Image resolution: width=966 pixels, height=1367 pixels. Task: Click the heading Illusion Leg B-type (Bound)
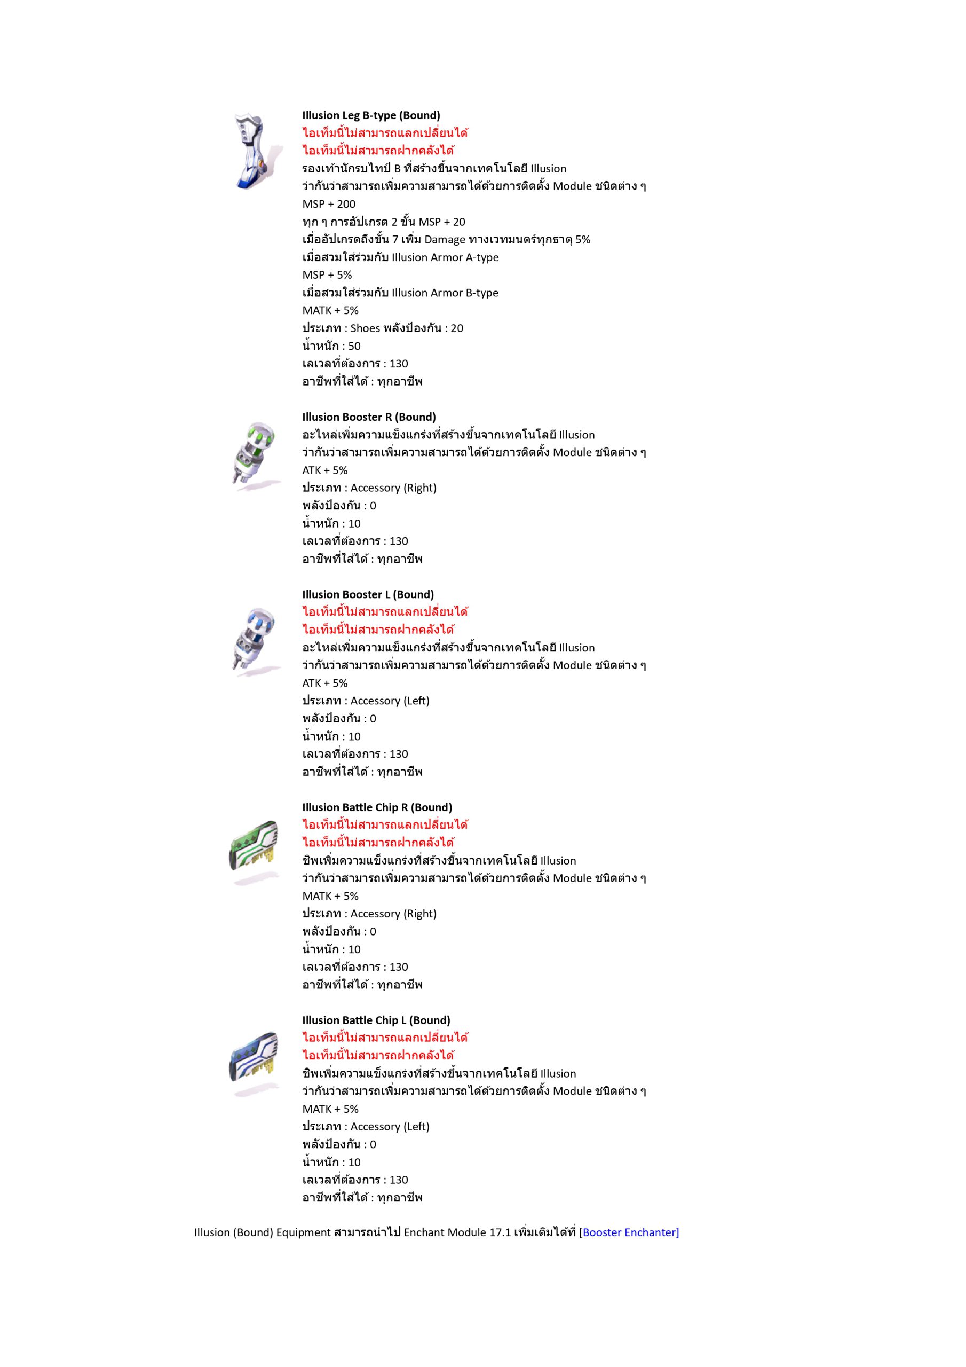371,115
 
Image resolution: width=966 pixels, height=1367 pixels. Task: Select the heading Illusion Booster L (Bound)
368,594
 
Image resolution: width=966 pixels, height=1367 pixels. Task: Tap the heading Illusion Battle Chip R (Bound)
377,807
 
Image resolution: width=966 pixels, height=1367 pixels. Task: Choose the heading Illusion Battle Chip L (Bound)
376,1020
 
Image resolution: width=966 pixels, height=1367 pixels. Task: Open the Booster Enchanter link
630,1232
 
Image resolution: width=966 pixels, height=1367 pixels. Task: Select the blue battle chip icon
254,1063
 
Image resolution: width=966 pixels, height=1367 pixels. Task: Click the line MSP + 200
329,204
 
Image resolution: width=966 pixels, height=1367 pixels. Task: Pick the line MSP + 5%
327,275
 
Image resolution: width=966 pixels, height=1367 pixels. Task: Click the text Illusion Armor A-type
445,257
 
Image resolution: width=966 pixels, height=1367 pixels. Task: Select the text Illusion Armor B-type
445,293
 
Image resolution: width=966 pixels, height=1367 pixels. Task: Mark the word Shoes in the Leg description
365,328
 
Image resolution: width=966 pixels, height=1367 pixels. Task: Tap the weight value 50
354,346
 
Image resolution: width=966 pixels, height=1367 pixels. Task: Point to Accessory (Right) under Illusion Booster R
393,488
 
